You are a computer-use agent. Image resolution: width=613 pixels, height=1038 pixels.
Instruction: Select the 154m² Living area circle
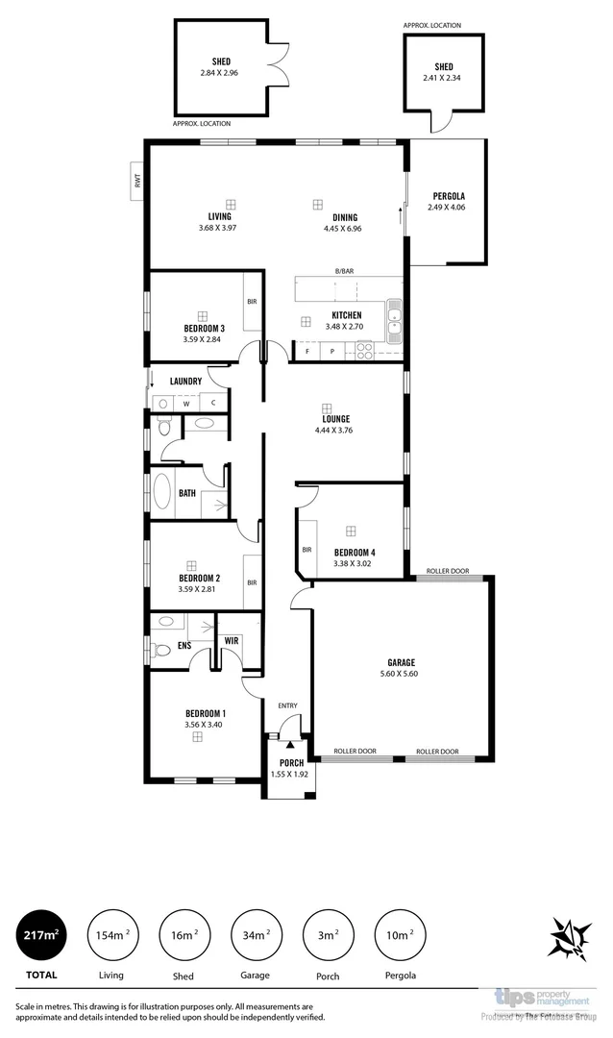(x=111, y=936)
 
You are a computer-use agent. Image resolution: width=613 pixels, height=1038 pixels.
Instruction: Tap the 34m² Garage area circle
(x=256, y=936)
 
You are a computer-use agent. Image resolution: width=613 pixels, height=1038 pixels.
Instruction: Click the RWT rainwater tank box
(x=137, y=180)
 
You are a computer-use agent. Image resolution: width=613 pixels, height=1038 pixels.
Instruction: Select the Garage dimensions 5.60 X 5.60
(x=402, y=674)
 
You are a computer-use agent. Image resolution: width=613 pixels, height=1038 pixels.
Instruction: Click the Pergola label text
(x=447, y=196)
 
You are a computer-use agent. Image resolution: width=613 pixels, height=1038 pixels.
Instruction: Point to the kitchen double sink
(x=394, y=320)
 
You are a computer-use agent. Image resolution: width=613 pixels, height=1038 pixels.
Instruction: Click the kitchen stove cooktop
(x=365, y=351)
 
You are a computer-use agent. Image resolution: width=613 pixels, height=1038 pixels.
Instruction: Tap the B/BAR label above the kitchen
(x=343, y=272)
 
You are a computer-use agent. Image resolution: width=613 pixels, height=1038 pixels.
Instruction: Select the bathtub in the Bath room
(x=161, y=492)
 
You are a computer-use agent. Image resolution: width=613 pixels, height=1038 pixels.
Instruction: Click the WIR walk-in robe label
(x=232, y=641)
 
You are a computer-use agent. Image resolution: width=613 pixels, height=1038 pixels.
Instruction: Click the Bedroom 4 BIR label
(x=307, y=551)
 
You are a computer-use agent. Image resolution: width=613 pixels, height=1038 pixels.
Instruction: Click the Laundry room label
(x=185, y=382)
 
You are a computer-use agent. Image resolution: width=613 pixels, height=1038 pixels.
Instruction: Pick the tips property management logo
(x=544, y=1000)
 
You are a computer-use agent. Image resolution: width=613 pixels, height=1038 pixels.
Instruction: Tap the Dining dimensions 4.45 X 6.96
(x=342, y=229)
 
